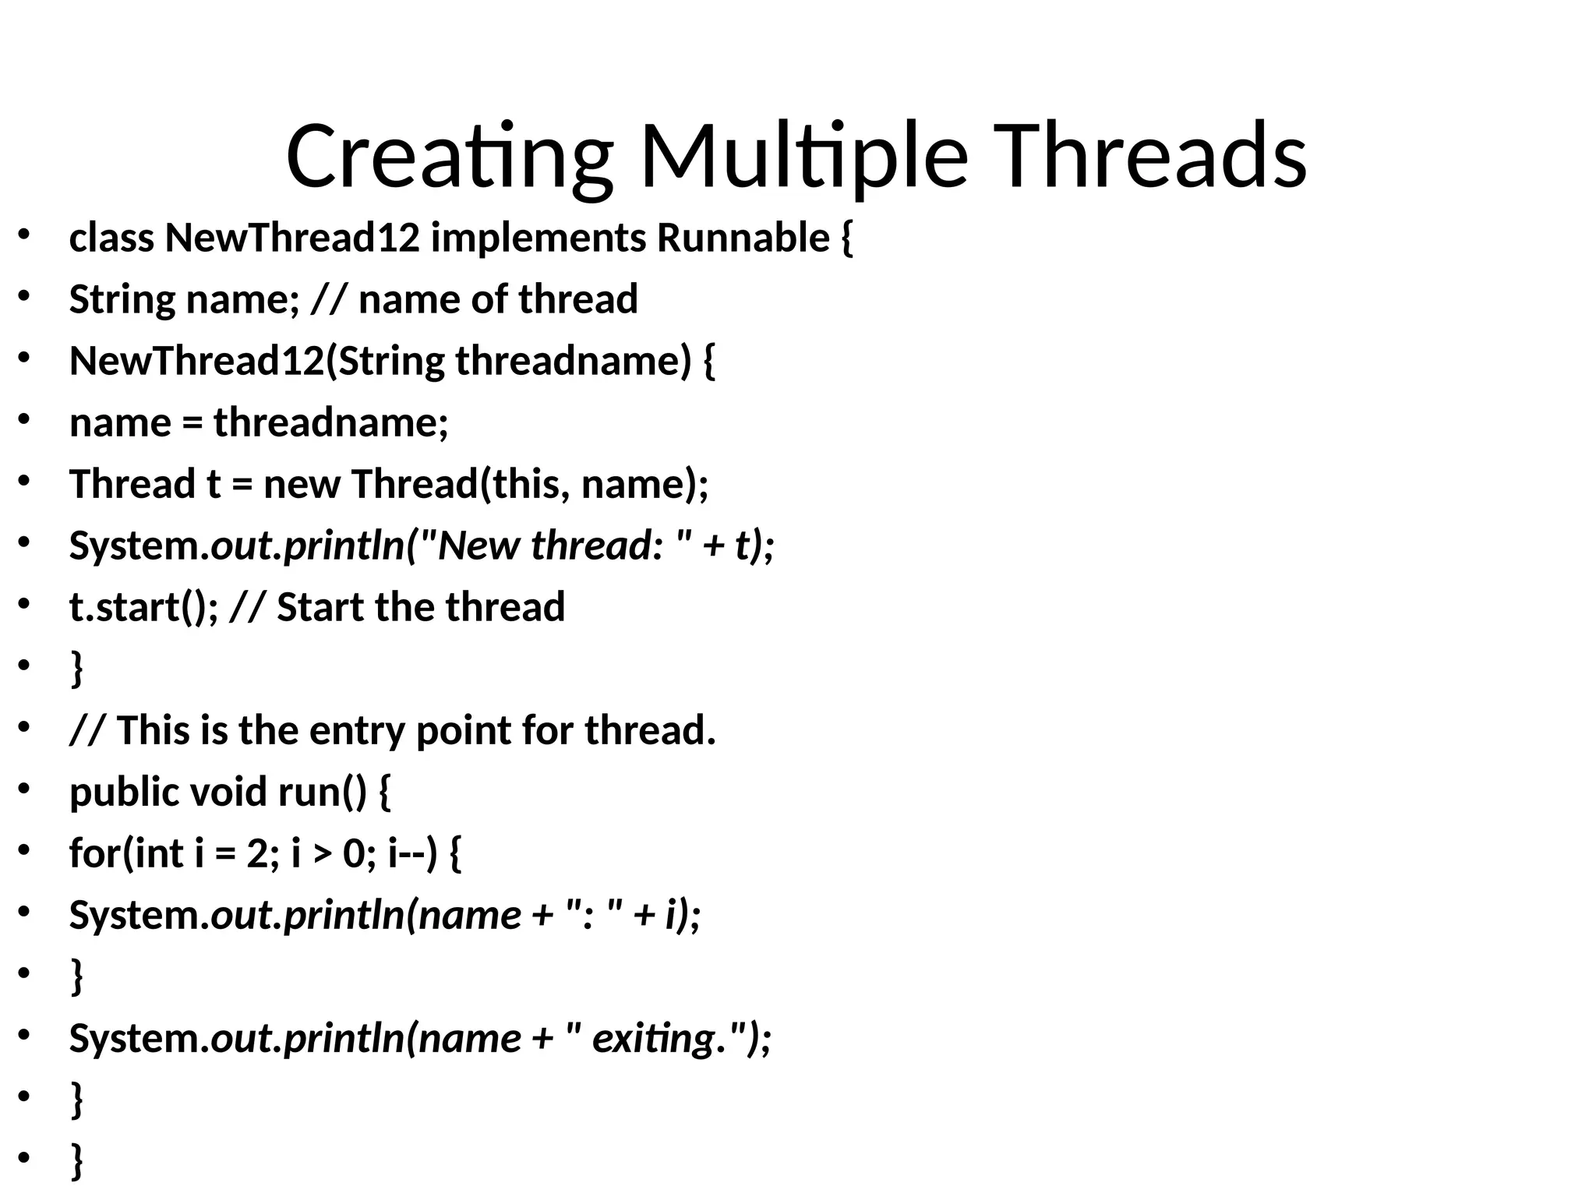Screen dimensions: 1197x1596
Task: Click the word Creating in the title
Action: point(449,157)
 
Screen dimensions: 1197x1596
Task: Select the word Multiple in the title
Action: point(803,157)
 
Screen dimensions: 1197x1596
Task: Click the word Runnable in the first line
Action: point(743,238)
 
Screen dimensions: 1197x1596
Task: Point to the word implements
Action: point(538,238)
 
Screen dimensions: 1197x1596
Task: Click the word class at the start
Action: point(111,238)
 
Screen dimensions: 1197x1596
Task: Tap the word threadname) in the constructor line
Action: point(573,361)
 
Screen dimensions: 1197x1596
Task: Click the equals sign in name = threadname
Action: point(192,423)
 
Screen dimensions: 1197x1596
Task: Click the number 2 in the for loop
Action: point(257,853)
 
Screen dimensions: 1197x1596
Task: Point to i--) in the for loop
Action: point(412,853)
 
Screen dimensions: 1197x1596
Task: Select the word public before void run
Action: point(124,793)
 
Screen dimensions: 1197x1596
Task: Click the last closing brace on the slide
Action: point(76,1161)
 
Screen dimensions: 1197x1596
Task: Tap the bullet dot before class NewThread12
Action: point(23,235)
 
